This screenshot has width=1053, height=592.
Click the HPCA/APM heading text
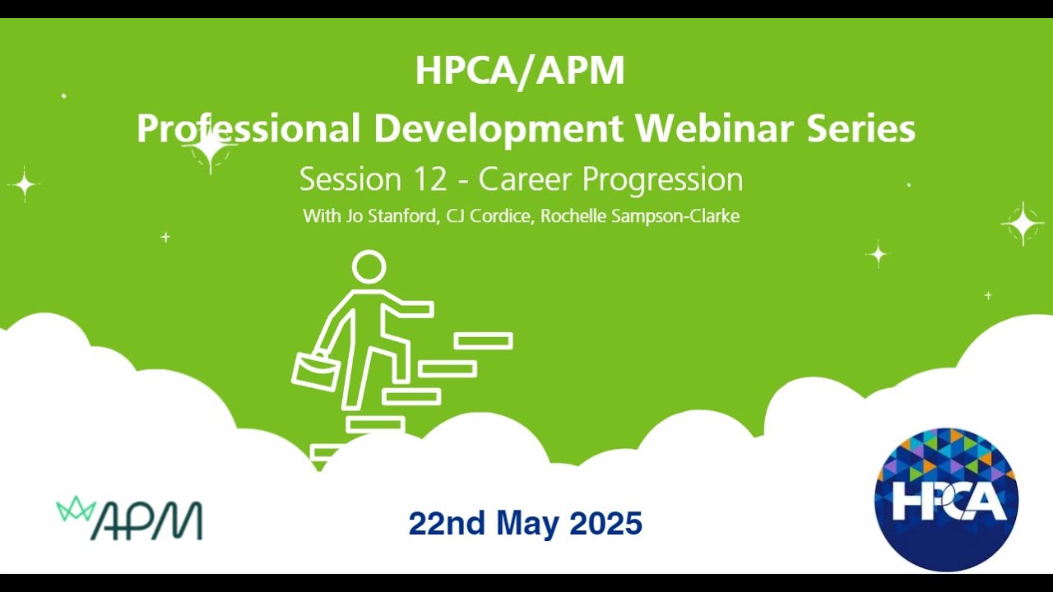[x=520, y=71]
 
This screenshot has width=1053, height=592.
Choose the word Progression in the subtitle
[x=663, y=180]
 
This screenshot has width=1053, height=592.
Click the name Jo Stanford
[x=391, y=216]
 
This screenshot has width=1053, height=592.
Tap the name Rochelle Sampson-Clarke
[x=640, y=216]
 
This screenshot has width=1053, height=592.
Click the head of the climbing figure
[x=369, y=267]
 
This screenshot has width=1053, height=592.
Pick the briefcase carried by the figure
[x=315, y=371]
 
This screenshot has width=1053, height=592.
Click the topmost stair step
[x=483, y=341]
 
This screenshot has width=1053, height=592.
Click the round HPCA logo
[x=946, y=499]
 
